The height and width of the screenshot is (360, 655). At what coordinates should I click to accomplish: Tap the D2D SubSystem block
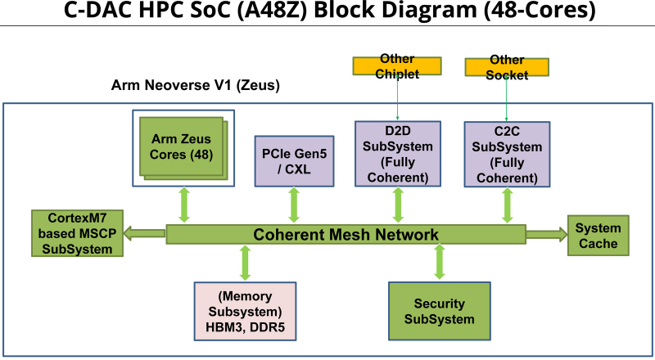pyautogui.click(x=398, y=153)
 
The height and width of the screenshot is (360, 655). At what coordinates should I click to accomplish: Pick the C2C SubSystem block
pyautogui.click(x=505, y=153)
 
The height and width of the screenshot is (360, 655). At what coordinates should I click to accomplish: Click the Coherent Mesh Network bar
pyautogui.click(x=346, y=235)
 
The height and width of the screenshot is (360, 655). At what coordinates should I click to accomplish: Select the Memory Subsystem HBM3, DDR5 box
pyautogui.click(x=245, y=311)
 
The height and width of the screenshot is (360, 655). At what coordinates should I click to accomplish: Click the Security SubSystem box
pyautogui.click(x=440, y=311)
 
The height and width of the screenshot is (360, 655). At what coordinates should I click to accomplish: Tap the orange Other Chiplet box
pyautogui.click(x=397, y=67)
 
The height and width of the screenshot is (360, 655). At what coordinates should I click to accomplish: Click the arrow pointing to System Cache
pyautogui.click(x=546, y=235)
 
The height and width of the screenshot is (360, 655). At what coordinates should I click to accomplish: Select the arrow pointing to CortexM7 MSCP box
pyautogui.click(x=145, y=234)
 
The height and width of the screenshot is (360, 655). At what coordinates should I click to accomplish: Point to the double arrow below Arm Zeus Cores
pyautogui.click(x=184, y=205)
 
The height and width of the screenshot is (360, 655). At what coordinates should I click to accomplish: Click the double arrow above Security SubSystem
pyautogui.click(x=440, y=263)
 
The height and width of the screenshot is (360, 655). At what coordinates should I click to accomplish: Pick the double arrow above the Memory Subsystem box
pyautogui.click(x=245, y=263)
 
